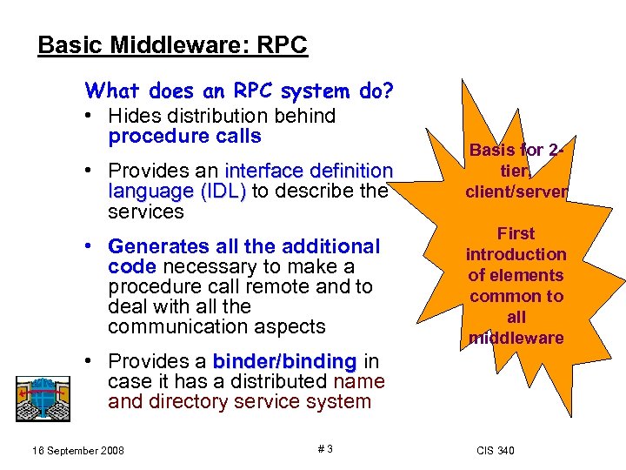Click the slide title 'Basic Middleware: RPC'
[172, 44]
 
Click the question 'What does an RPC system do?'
[239, 91]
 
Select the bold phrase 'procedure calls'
[184, 136]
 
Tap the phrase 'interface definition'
[309, 171]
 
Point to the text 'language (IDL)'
[177, 191]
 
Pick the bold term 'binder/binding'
[284, 361]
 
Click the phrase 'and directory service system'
[239, 401]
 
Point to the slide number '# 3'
[324, 449]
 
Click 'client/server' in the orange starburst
[516, 191]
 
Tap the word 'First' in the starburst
[516, 233]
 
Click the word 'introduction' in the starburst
[516, 254]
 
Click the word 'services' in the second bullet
[146, 211]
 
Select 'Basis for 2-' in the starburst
[517, 150]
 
